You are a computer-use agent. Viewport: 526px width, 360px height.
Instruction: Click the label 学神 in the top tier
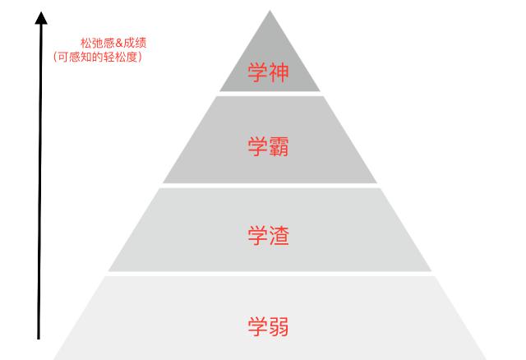pyautogui.click(x=268, y=72)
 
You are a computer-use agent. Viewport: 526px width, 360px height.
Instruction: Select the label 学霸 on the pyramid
pyautogui.click(x=268, y=146)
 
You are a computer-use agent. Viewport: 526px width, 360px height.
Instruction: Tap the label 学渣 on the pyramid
pyautogui.click(x=268, y=236)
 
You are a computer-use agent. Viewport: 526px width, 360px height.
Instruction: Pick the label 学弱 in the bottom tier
pyautogui.click(x=268, y=326)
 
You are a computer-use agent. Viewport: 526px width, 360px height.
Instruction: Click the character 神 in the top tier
pyautogui.click(x=279, y=72)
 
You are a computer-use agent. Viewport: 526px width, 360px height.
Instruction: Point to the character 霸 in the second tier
pyautogui.click(x=279, y=146)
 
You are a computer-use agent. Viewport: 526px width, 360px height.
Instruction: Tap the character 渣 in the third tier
pyautogui.click(x=279, y=236)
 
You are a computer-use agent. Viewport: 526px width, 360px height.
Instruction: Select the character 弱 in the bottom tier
pyautogui.click(x=279, y=326)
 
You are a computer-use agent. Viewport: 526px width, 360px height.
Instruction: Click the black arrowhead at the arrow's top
pyautogui.click(x=41, y=18)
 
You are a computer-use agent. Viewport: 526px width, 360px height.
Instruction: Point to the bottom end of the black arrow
pyautogui.click(x=39, y=339)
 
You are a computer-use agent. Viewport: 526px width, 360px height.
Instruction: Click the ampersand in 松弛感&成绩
pyautogui.click(x=119, y=43)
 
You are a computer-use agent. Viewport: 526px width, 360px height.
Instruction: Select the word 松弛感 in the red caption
pyautogui.click(x=98, y=43)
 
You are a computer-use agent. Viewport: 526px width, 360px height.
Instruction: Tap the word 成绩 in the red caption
pyautogui.click(x=135, y=43)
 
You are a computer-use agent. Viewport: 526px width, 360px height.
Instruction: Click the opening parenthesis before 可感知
pyautogui.click(x=55, y=57)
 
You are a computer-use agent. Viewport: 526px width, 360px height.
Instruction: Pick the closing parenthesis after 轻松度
pyautogui.click(x=141, y=57)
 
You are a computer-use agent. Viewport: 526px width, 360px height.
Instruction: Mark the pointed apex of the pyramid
pyautogui.click(x=270, y=11)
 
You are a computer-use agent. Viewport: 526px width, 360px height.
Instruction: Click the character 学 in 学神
pyautogui.click(x=257, y=72)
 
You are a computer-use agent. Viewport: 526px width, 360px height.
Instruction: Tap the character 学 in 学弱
pyautogui.click(x=257, y=326)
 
